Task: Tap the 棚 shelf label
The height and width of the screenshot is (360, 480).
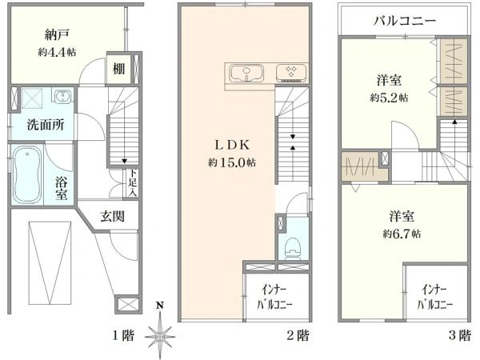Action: pos(118,68)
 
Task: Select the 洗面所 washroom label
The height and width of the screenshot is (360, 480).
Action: pos(46,125)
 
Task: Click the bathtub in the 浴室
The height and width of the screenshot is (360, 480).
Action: pos(27,174)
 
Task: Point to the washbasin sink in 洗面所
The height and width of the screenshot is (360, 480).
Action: pos(63,96)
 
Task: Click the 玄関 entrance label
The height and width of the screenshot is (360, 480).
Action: pos(112,217)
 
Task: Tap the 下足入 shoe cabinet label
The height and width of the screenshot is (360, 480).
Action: pos(133,182)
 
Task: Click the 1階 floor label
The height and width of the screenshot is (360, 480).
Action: pos(122,335)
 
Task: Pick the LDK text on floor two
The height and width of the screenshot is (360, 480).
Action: pos(232,145)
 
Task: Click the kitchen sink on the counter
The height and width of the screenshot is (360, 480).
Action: pos(246,73)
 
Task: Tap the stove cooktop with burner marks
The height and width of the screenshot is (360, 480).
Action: pos(291,73)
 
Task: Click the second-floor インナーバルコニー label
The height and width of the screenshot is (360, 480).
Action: pos(274,297)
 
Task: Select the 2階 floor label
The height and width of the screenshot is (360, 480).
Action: pos(298,335)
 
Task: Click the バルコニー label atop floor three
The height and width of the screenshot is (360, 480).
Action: pos(404,21)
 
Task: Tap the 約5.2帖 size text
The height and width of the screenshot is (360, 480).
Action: pos(389,98)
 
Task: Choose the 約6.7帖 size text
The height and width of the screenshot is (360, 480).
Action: pos(402,234)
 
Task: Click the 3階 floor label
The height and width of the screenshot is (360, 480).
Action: pos(459,335)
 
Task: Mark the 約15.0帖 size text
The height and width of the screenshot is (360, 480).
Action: pos(232,162)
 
